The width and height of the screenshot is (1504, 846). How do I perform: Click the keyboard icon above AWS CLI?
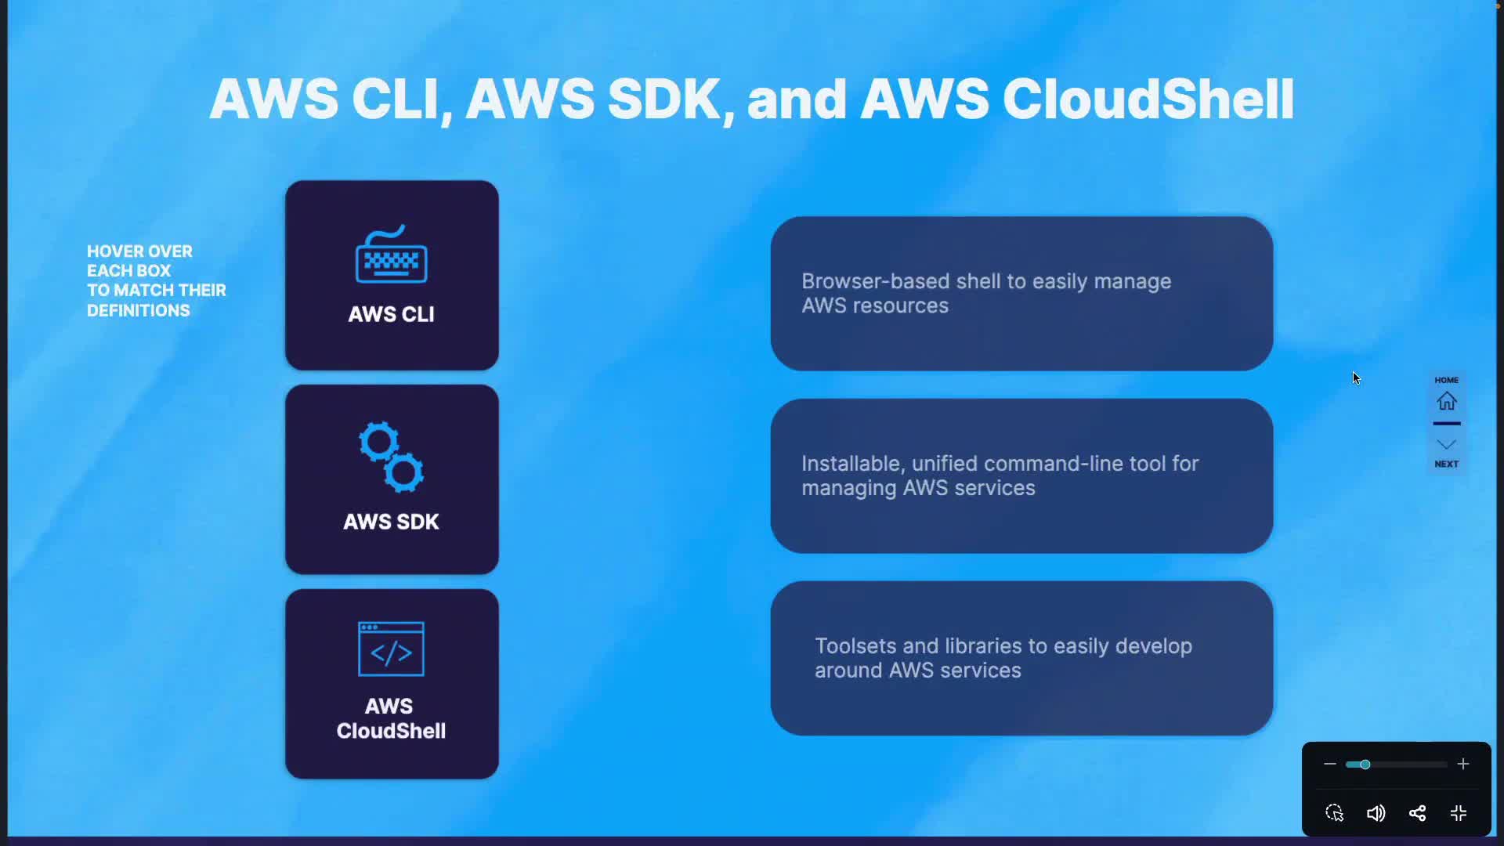[x=392, y=254]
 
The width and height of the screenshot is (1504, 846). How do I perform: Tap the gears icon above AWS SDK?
[x=392, y=457]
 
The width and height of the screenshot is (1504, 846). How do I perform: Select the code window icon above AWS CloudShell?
[x=391, y=649]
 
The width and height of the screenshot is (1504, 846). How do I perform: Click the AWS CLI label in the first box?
[x=391, y=314]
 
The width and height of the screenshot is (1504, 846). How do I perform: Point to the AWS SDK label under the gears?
[x=391, y=522]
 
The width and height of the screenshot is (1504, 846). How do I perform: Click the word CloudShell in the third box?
[x=391, y=731]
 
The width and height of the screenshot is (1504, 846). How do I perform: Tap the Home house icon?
[x=1447, y=401]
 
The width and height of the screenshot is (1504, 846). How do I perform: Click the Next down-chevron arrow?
[x=1447, y=444]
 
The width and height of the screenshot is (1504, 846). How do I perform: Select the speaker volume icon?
[x=1376, y=813]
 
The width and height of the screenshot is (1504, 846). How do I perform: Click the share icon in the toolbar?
[x=1417, y=813]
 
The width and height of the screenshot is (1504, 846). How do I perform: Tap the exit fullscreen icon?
[x=1459, y=813]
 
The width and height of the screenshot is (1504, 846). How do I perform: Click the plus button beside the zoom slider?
[x=1463, y=764]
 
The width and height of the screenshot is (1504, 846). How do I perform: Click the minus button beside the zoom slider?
[x=1330, y=764]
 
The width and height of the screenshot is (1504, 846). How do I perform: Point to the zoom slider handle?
[x=1365, y=765]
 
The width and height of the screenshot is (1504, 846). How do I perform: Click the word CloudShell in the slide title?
[x=1148, y=99]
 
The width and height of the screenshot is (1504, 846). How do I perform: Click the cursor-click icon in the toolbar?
[x=1335, y=813]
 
